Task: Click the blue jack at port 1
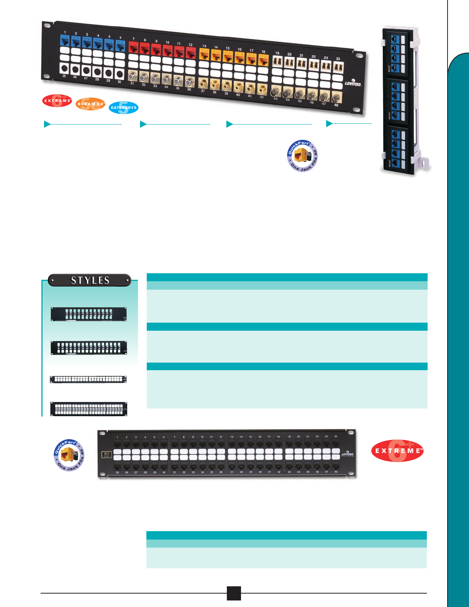64,41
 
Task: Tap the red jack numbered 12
190,52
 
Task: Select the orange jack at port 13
204,54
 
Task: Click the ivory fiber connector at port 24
338,67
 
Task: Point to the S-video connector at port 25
64,69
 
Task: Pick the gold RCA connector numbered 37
203,83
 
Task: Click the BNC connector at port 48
336,97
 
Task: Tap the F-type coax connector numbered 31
133,75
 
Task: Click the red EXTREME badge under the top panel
57,100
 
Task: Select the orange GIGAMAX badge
90,104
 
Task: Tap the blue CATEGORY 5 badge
123,108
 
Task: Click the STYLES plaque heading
90,281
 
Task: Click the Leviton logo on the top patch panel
353,83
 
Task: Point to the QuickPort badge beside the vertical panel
303,156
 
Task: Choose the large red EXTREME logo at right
398,451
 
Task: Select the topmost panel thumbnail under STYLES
89,314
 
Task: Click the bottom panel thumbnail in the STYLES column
89,409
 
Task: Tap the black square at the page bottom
234,593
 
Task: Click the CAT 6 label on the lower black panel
107,454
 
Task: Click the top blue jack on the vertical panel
395,39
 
